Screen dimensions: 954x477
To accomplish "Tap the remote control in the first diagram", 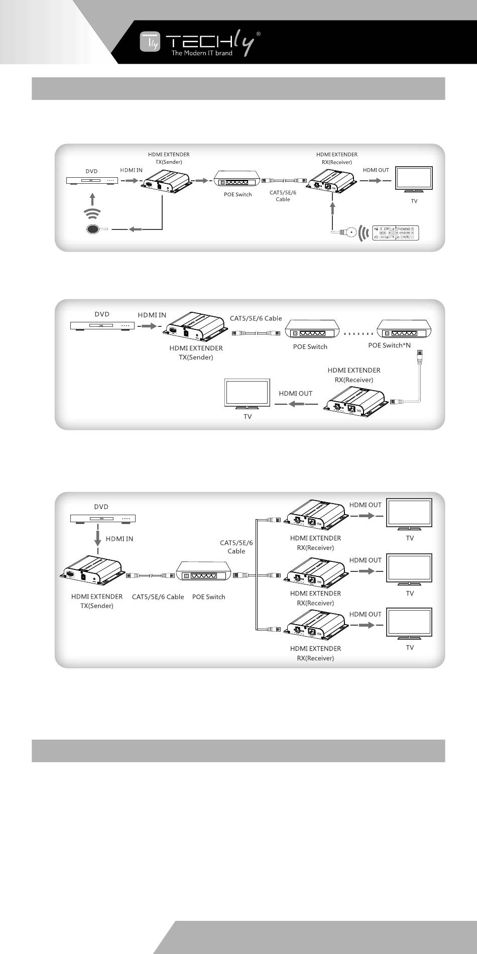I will click(395, 233).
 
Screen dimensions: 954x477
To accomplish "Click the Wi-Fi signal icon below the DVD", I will click(92, 213).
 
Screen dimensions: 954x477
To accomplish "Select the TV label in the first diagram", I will click(414, 201).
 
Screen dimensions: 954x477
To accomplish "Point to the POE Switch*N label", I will click(389, 345).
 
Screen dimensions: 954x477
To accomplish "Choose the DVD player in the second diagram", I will click(102, 325).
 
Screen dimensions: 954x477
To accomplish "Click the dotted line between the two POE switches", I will click(359, 333).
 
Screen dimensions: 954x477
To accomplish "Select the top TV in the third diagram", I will click(409, 513).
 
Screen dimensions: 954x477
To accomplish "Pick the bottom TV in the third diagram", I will click(409, 623).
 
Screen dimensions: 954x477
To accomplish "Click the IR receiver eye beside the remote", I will click(351, 232).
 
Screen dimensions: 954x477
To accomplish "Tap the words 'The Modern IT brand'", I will click(202, 53).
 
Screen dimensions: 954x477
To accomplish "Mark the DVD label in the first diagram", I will click(91, 171).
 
